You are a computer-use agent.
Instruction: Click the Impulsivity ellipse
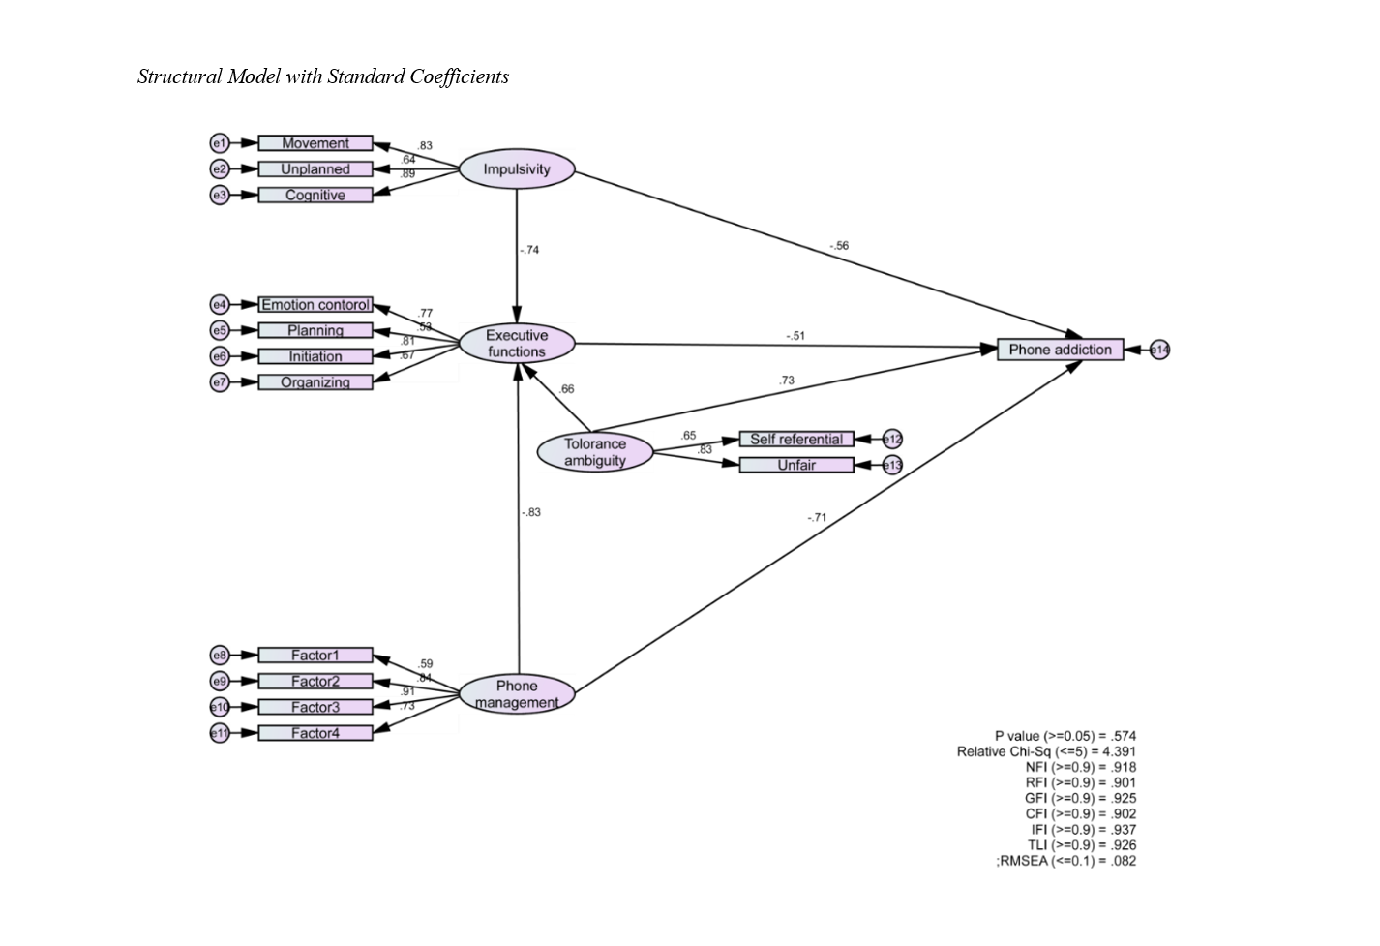click(x=517, y=169)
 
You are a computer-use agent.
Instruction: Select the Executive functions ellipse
click(x=517, y=344)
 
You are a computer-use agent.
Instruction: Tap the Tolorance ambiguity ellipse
click(x=595, y=452)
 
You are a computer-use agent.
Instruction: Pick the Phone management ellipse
click(x=517, y=694)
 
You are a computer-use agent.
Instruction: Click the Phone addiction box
click(x=1060, y=350)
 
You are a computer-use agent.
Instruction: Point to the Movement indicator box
click(x=315, y=143)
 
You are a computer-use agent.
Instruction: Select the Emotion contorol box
click(x=315, y=305)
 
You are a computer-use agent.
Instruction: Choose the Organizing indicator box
click(x=315, y=382)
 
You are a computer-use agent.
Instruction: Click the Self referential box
click(x=796, y=440)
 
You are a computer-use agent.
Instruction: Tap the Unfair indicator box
click(x=796, y=466)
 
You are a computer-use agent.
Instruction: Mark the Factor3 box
click(x=315, y=707)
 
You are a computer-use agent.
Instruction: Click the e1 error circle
click(x=220, y=143)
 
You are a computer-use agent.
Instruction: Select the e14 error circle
click(x=1159, y=350)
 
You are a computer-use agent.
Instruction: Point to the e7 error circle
click(x=220, y=382)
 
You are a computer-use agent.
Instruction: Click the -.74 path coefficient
click(x=528, y=250)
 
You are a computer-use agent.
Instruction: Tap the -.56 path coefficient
click(x=838, y=246)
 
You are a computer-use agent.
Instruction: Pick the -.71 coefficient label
click(x=817, y=518)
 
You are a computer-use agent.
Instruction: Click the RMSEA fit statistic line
click(x=1065, y=861)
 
